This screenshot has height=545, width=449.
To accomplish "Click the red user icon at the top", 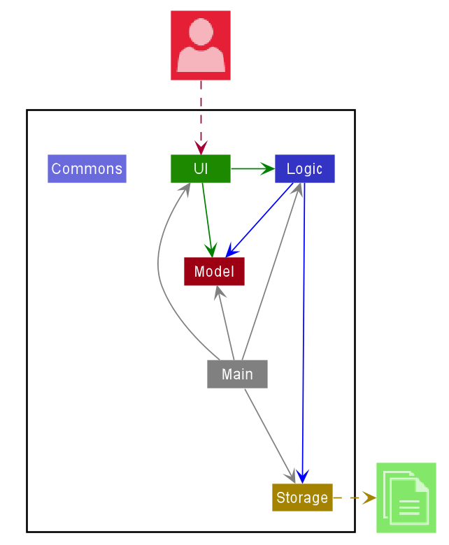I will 201,45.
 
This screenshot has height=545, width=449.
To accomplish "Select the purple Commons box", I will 87,168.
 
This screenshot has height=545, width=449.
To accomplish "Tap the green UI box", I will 201,168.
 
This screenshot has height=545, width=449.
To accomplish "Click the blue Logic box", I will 304,168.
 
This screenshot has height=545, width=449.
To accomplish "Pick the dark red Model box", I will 214,271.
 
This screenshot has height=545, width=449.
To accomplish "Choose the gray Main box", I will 237,374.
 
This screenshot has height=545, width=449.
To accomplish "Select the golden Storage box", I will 302,497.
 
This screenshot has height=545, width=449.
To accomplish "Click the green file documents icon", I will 406,497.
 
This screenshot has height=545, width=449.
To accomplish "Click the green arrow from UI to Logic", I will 252,168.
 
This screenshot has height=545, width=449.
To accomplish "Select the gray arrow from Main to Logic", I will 273,272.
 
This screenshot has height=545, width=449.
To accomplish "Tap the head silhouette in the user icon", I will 201,31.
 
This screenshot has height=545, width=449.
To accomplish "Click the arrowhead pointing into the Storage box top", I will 302,477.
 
